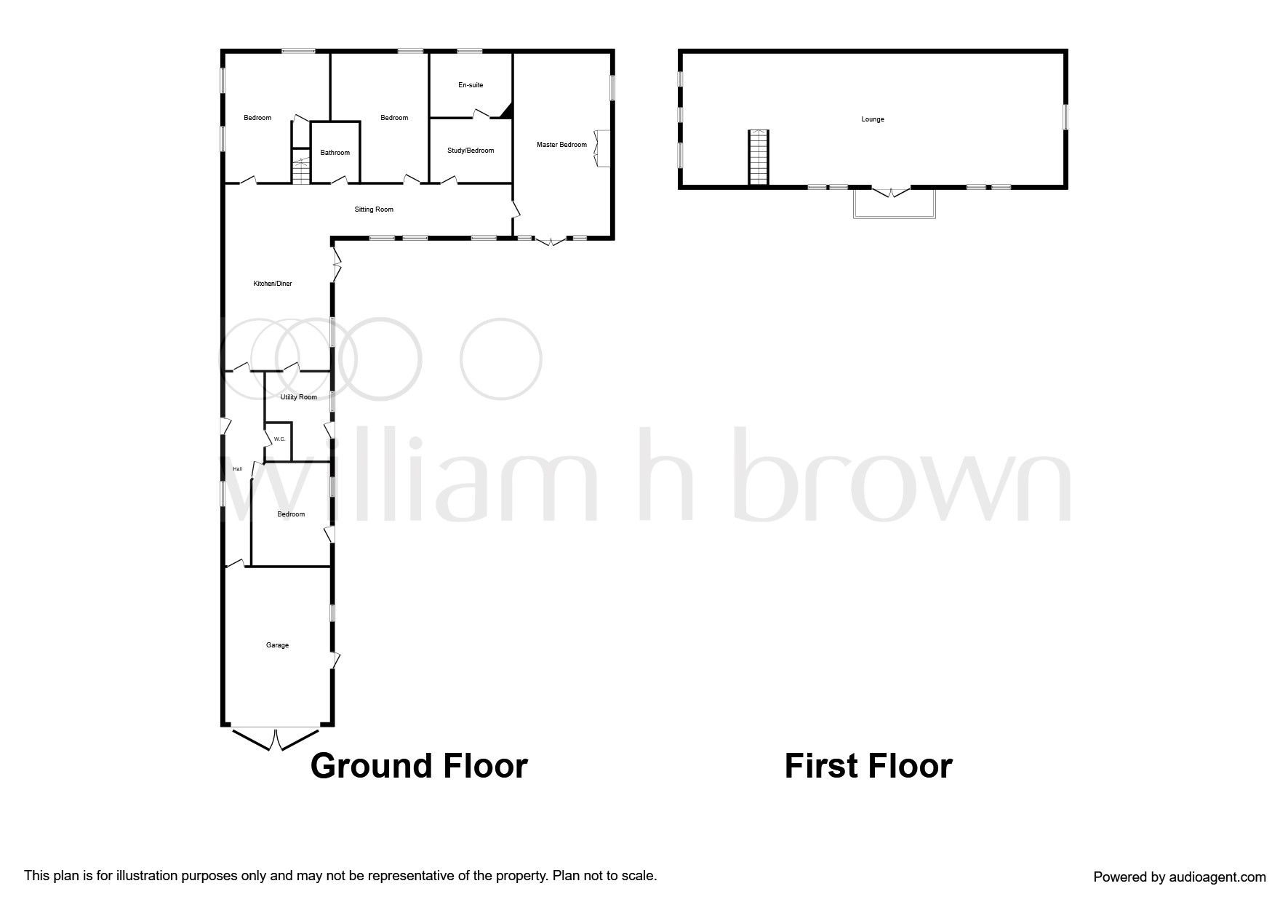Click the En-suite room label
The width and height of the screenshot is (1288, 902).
tap(470, 85)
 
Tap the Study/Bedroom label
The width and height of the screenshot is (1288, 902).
tap(470, 151)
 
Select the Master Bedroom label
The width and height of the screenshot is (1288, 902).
tap(561, 145)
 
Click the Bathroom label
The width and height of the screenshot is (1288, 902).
tap(335, 153)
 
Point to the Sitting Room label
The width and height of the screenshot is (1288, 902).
tap(374, 209)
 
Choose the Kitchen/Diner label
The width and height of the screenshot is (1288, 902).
tap(272, 284)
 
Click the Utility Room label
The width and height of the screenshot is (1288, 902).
tap(298, 397)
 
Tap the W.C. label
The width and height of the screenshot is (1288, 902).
tap(279, 439)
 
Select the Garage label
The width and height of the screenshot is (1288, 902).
tap(277, 645)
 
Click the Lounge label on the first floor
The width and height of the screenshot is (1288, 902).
tap(872, 119)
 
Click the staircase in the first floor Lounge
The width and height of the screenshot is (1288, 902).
tap(759, 157)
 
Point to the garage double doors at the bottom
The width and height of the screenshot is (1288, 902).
tap(276, 738)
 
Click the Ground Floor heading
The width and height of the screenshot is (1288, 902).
tap(419, 766)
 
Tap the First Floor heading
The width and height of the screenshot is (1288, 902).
tap(868, 766)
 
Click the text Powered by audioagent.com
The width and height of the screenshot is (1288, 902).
tap(1179, 877)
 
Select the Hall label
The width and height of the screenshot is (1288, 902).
tap(237, 469)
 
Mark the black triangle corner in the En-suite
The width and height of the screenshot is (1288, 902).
tap(507, 111)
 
